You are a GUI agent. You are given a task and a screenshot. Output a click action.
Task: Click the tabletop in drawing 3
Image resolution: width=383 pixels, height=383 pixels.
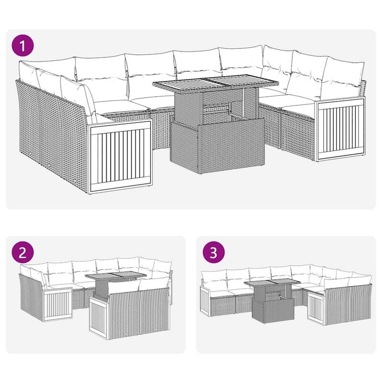pos(269,285)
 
